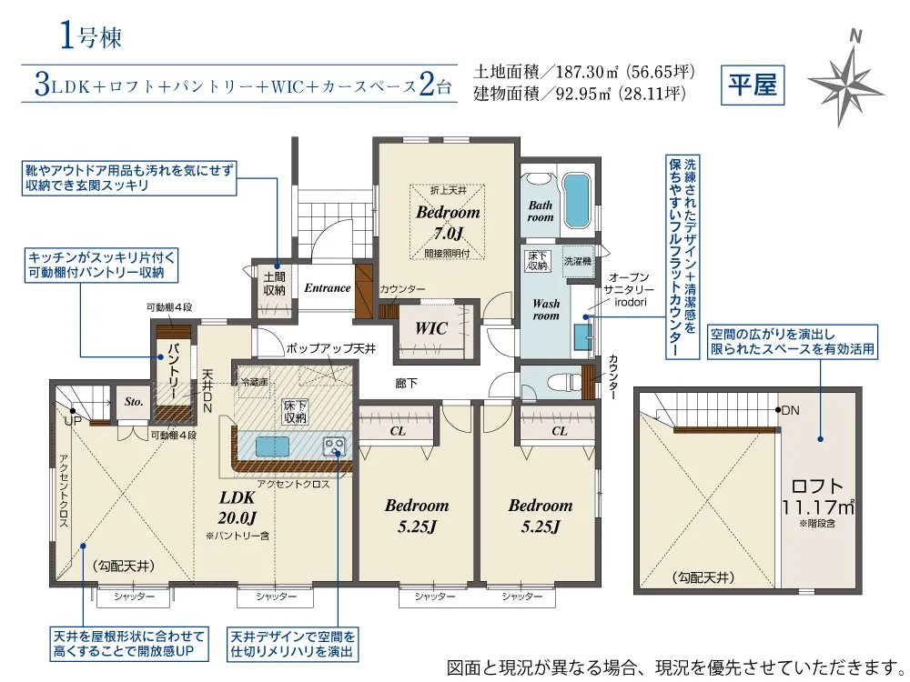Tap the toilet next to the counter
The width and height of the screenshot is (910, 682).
pyautogui.click(x=565, y=382)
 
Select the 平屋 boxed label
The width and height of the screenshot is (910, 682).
pyautogui.click(x=753, y=85)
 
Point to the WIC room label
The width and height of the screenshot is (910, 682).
pyautogui.click(x=430, y=328)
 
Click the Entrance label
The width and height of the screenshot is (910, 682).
pyautogui.click(x=328, y=287)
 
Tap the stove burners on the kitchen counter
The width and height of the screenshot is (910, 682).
pyautogui.click(x=334, y=446)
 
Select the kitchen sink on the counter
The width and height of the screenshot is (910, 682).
pyautogui.click(x=272, y=446)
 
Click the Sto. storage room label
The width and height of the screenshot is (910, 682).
pyautogui.click(x=134, y=401)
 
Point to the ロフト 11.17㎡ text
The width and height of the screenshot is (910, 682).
pyautogui.click(x=817, y=497)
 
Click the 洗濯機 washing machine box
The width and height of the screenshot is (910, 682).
pyautogui.click(x=578, y=261)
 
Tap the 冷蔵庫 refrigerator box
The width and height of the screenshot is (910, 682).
pyautogui.click(x=254, y=382)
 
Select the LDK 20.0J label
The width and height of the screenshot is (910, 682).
pyautogui.click(x=238, y=507)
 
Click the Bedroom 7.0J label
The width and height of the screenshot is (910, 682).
pyautogui.click(x=448, y=222)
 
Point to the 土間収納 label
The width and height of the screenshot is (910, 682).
pyautogui.click(x=274, y=284)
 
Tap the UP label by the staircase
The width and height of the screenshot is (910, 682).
pyautogui.click(x=73, y=421)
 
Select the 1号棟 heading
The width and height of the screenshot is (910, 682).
pyautogui.click(x=90, y=36)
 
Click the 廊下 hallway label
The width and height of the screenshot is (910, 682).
pyautogui.click(x=406, y=384)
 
